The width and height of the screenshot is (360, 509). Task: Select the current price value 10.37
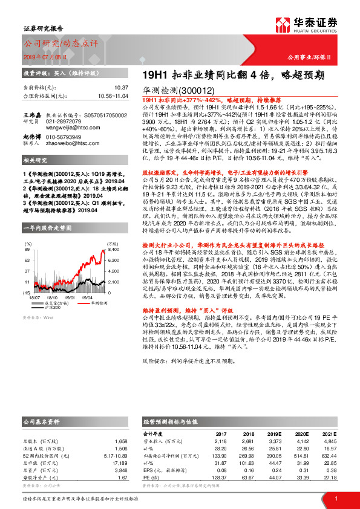[x=120, y=88]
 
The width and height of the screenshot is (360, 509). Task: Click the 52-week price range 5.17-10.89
[x=114, y=455]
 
